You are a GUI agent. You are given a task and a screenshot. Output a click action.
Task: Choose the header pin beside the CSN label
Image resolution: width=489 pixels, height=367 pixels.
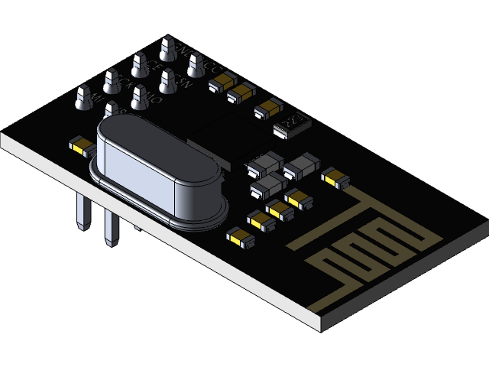pos(167,78)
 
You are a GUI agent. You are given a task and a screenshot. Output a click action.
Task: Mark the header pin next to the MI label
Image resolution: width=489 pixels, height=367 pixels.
pos(83,97)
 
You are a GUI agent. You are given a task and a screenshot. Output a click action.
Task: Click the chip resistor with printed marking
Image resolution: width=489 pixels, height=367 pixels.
pos(292,123)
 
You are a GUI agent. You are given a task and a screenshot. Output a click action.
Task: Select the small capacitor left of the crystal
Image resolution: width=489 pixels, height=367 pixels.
pos(80,145)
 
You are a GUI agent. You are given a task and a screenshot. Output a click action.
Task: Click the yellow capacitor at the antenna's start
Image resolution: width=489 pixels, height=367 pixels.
pos(334,177)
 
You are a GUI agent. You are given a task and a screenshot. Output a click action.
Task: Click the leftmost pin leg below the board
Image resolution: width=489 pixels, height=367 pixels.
pos(80,210)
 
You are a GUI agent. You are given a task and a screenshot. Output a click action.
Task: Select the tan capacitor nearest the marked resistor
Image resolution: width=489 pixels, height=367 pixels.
pos(268,109)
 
